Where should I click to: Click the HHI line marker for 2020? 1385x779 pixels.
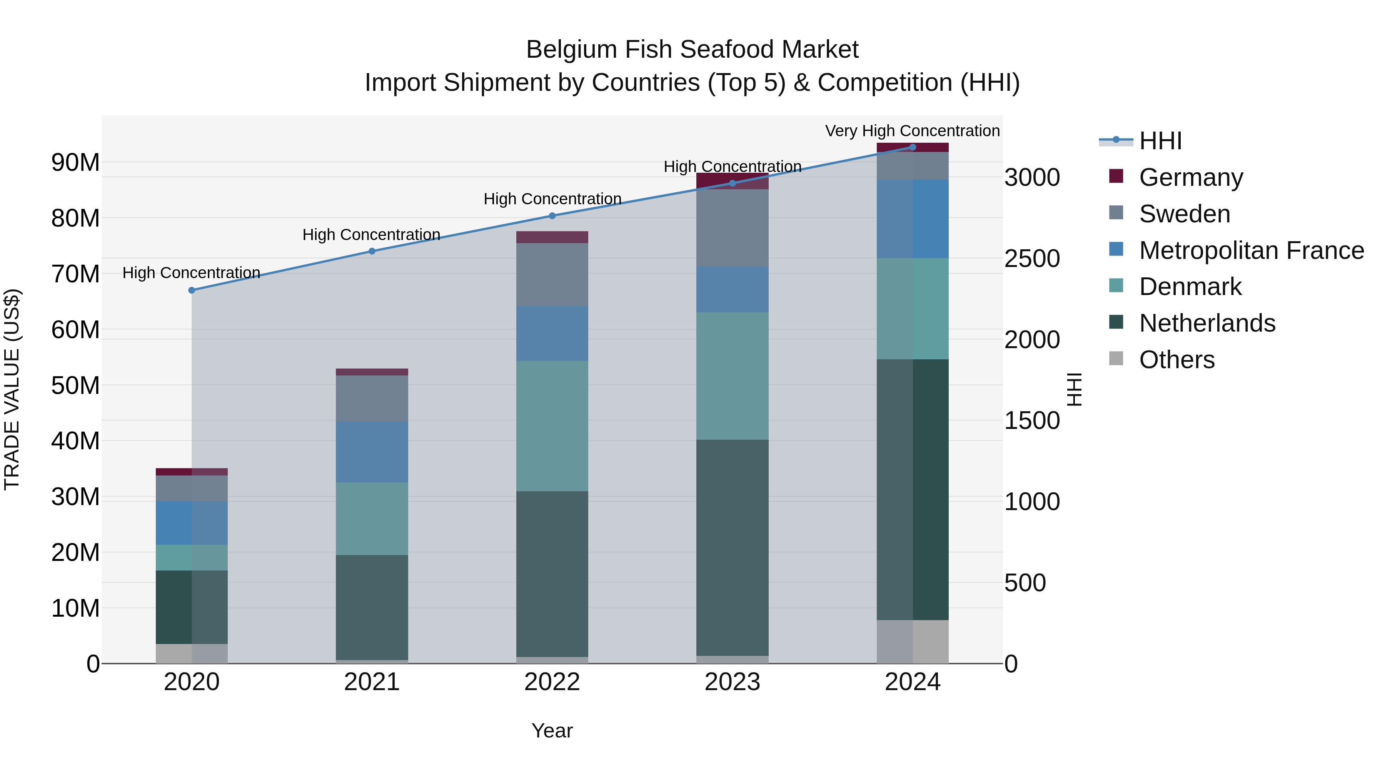[x=192, y=290]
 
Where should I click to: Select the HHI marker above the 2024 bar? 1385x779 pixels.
[x=913, y=147]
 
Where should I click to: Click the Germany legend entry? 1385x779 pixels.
[x=1190, y=177]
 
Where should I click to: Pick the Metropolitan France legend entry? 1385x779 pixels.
[x=1251, y=250]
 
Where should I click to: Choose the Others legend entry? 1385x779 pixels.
[x=1176, y=360]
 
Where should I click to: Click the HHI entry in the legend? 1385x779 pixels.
[x=1160, y=141]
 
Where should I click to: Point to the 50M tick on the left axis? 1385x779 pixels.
[x=75, y=385]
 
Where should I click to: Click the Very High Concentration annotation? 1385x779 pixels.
[x=913, y=131]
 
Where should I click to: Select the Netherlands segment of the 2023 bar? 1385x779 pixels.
[x=732, y=547]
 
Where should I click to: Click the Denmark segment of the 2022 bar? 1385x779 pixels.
[x=552, y=426]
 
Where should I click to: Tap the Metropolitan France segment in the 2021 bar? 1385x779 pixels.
[x=372, y=452]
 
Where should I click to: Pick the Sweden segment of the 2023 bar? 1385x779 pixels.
[x=732, y=228]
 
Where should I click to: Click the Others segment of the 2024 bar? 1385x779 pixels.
[x=913, y=642]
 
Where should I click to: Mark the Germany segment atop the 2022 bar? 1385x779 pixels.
[x=552, y=237]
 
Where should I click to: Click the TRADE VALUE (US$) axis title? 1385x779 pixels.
[x=12, y=389]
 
